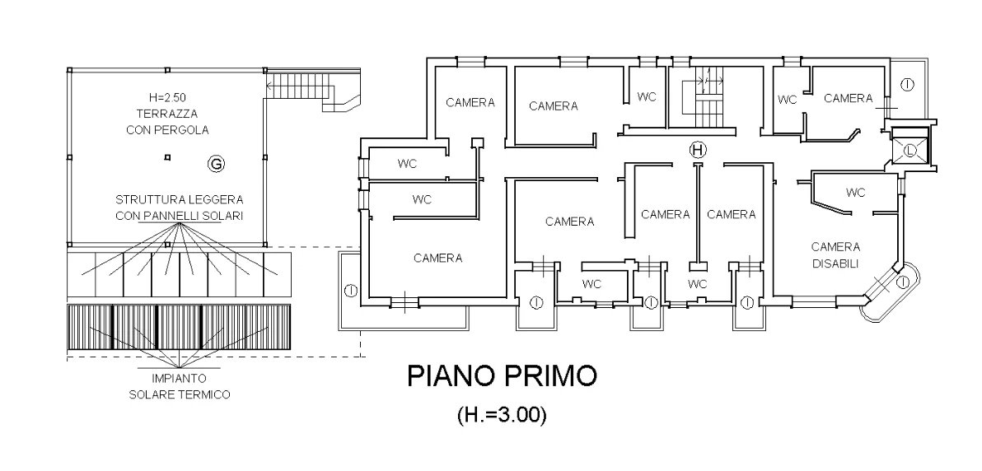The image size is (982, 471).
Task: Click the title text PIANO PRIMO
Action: pyautogui.click(x=502, y=376)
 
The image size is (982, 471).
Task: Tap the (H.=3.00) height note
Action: pyautogui.click(x=502, y=415)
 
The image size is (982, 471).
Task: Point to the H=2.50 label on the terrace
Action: pyautogui.click(x=167, y=98)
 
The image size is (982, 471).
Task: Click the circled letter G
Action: pyautogui.click(x=216, y=164)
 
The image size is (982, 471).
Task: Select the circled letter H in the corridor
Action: pyautogui.click(x=698, y=150)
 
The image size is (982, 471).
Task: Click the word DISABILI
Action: pyautogui.click(x=835, y=263)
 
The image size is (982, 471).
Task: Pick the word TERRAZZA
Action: pyautogui.click(x=167, y=114)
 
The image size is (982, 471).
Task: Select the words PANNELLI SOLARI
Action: pyautogui.click(x=193, y=216)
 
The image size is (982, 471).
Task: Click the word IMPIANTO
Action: pyautogui.click(x=179, y=378)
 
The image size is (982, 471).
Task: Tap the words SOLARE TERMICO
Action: pyautogui.click(x=179, y=394)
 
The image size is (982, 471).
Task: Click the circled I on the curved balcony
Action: pyautogui.click(x=902, y=282)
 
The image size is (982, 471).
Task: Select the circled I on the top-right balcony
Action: pyautogui.click(x=908, y=84)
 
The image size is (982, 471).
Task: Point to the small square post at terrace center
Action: pyautogui.click(x=166, y=157)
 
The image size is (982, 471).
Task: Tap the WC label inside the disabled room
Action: pyautogui.click(x=855, y=193)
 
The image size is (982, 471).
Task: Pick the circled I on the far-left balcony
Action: pyautogui.click(x=351, y=290)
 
